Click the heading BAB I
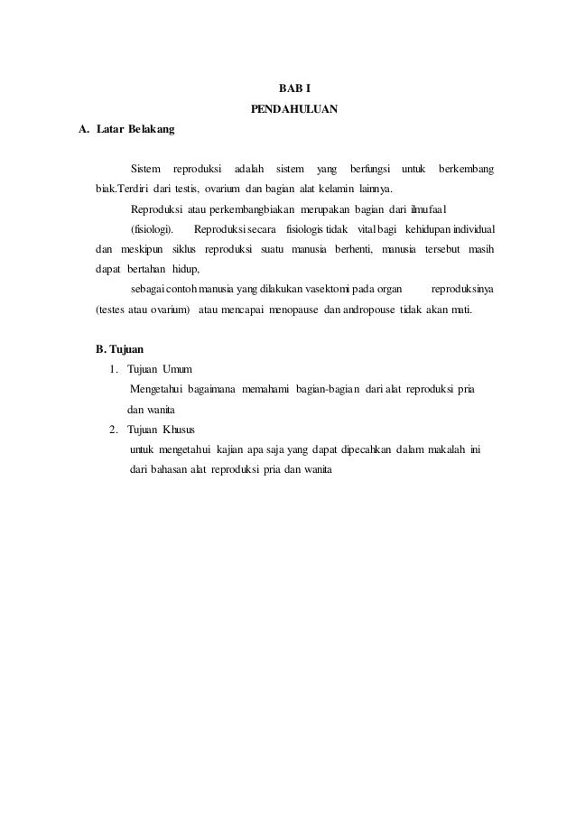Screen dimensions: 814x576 pos(293,90)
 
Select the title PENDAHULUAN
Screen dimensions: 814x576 pos(293,110)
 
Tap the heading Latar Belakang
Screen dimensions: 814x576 pos(125,130)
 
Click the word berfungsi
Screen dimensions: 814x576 pos(370,170)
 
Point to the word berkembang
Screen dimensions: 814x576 pos(466,170)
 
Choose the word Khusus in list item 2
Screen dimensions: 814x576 pos(179,429)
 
